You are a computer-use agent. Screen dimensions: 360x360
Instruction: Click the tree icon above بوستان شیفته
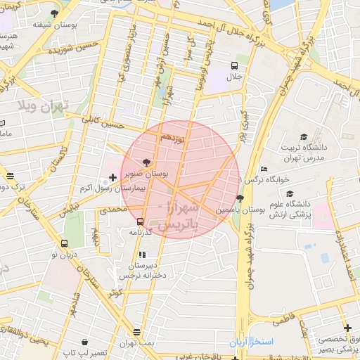[x=55, y=13]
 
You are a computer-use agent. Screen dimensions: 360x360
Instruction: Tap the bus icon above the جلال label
[x=233, y=66]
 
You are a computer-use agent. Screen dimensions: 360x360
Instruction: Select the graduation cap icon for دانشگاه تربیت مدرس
[x=304, y=136]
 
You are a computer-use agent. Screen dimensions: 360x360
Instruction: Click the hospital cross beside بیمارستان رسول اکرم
[x=114, y=176]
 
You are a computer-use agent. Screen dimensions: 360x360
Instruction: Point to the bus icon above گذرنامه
[x=141, y=221]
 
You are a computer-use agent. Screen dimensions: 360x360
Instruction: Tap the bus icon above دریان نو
[x=64, y=244]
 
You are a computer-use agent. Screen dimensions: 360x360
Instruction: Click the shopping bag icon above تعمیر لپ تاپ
[x=84, y=342]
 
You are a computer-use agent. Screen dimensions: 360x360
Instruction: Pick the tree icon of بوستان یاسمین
[x=240, y=198]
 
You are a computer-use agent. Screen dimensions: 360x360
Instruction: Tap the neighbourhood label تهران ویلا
[x=42, y=107]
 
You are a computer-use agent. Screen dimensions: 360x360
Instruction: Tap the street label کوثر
[x=112, y=290]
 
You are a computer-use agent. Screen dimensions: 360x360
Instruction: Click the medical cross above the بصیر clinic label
[x=347, y=328]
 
